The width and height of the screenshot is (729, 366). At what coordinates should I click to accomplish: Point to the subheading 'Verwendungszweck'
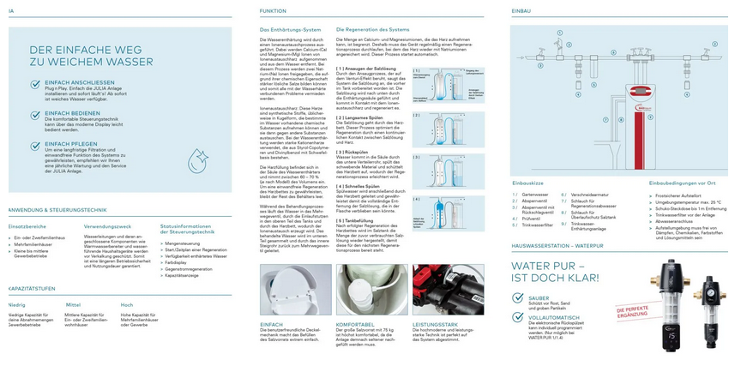tap(107, 226)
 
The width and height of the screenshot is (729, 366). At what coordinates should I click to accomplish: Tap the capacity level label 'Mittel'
tap(73, 304)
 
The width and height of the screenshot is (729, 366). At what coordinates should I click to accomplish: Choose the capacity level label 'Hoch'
tap(127, 304)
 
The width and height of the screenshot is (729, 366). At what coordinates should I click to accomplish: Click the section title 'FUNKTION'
tap(274, 11)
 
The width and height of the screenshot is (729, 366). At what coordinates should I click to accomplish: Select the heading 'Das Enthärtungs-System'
tap(290, 30)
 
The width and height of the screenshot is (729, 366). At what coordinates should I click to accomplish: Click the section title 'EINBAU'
tap(521, 11)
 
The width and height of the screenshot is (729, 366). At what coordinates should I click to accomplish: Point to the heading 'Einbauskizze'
tap(528, 183)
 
